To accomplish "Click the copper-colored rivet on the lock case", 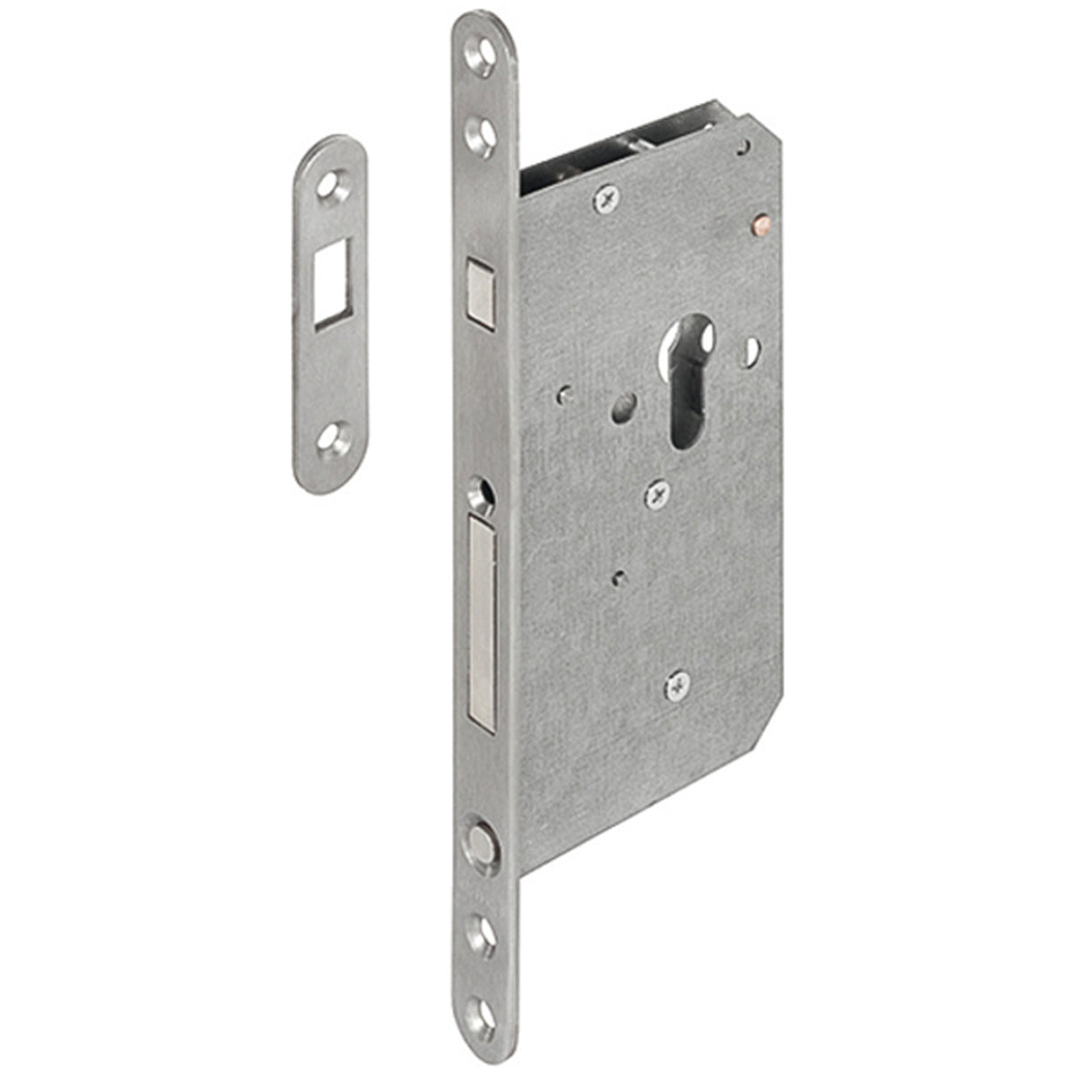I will click(762, 219).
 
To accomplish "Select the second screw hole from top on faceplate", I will click(482, 135).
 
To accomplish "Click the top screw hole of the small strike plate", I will click(334, 186).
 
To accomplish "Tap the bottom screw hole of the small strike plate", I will click(332, 438).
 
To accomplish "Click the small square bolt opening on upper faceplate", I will click(481, 290).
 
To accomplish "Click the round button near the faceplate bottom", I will click(481, 845).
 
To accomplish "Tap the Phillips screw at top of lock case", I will click(607, 199).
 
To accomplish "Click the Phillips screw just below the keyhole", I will click(657, 492).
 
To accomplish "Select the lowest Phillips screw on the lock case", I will click(678, 686).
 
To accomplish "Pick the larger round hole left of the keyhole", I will click(622, 410).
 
